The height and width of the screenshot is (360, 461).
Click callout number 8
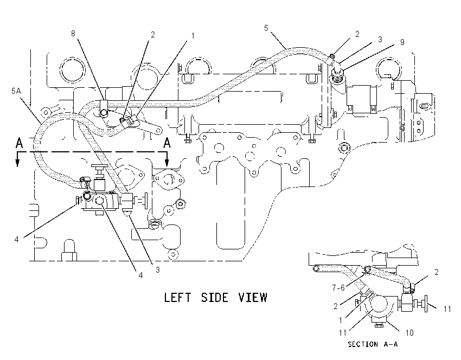pos(73,34)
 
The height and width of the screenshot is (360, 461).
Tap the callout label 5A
pos(16,91)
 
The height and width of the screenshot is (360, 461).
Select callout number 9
pos(402,42)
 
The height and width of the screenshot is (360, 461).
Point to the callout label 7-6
pos(338,288)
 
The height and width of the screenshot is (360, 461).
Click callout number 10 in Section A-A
pos(409,333)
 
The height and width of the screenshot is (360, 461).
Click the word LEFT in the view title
pos(177,298)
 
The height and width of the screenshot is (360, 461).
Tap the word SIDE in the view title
pos(215,298)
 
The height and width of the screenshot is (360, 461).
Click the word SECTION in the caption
pos(363,344)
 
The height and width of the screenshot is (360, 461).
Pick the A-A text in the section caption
pos(390,344)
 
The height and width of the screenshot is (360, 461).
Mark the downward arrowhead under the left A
pos(18,163)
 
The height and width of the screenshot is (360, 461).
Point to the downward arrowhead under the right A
pos(167,163)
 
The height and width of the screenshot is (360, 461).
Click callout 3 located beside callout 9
pos(380,40)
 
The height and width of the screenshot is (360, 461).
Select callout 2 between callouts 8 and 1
pos(152,35)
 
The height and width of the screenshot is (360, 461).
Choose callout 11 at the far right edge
pos(447,309)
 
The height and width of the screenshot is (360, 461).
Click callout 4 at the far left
pos(16,240)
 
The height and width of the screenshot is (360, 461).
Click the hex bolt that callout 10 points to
pos(379,325)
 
